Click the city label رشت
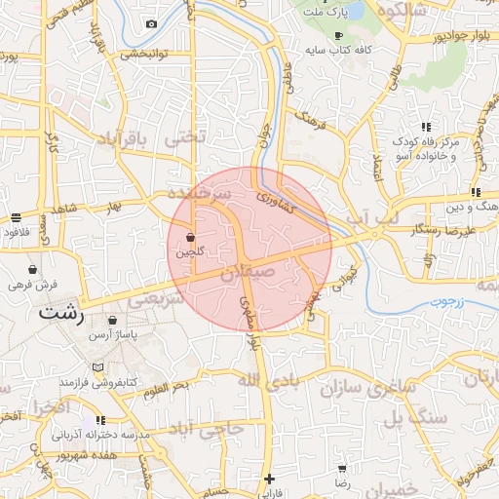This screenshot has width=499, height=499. [61, 315]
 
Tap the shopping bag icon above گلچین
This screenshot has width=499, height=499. [190, 237]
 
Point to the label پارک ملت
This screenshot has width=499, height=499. [326, 12]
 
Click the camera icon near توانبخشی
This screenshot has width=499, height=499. [151, 23]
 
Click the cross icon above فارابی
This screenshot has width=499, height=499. [270, 479]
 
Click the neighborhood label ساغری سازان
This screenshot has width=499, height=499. [366, 387]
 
